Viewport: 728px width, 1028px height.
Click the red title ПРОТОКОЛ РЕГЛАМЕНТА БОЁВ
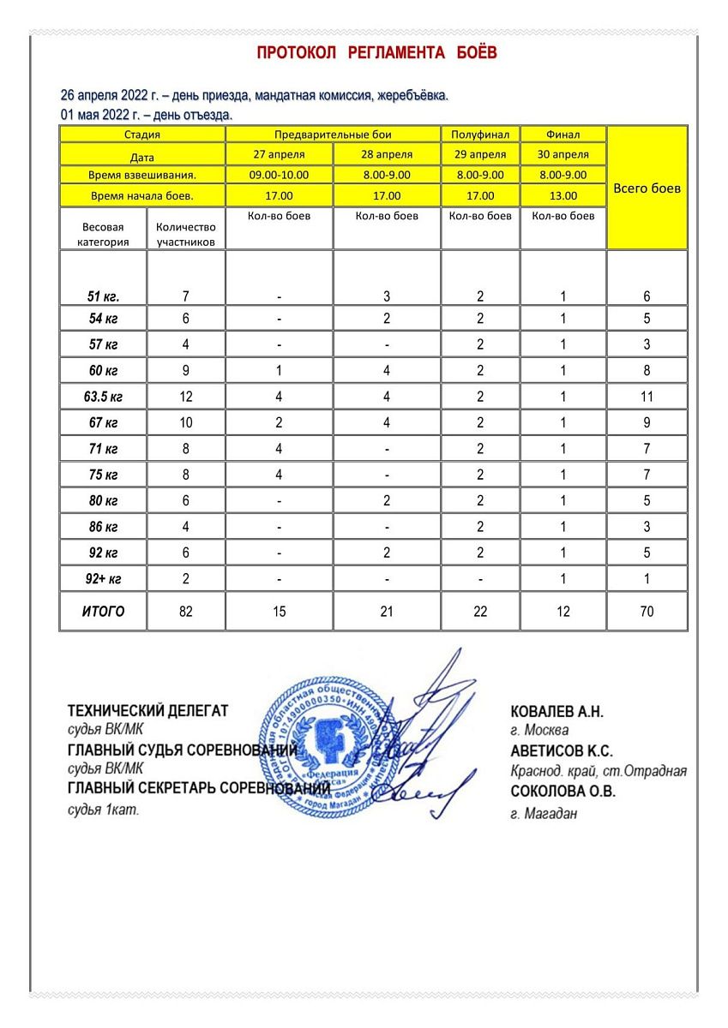[x=377, y=53]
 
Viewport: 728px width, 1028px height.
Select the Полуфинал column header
[x=480, y=134]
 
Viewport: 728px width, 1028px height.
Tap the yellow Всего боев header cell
[x=647, y=188]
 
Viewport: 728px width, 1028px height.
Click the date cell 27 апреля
[x=279, y=155]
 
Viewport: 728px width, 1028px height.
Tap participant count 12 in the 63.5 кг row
[x=186, y=397]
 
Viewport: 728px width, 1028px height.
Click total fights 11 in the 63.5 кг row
[x=647, y=397]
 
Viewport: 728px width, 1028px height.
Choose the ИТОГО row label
[x=103, y=612]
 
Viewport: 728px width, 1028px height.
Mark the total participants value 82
[x=186, y=612]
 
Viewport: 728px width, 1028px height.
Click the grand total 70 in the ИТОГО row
[x=647, y=612]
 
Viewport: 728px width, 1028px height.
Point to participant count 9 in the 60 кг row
[x=186, y=371]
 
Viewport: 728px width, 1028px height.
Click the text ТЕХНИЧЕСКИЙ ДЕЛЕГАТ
[x=148, y=710]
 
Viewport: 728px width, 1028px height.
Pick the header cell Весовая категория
[x=103, y=234]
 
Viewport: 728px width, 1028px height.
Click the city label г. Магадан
[x=543, y=814]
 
